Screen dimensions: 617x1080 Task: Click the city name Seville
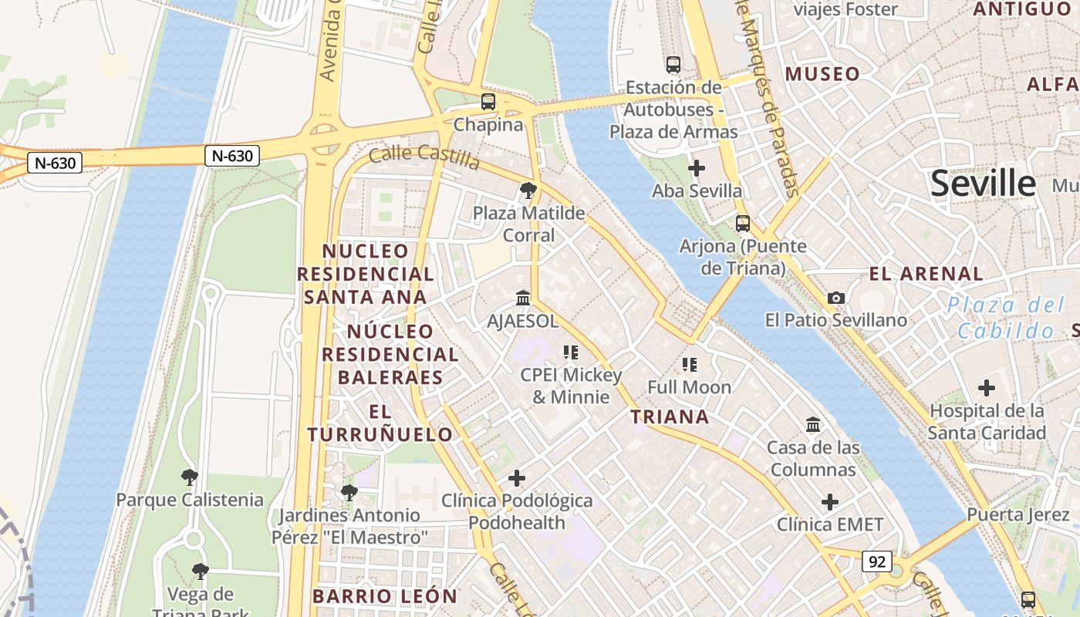[x=983, y=184]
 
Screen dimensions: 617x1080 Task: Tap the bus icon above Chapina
[x=488, y=101]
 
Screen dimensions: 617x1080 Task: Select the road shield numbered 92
[x=877, y=561]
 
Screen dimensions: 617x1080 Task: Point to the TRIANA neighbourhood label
[x=670, y=417]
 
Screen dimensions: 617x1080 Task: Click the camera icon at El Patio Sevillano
[x=835, y=298]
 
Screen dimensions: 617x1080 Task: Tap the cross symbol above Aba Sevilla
[x=697, y=167]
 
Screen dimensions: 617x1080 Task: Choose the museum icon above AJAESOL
[x=522, y=298]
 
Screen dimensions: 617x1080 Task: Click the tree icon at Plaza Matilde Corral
[x=528, y=190]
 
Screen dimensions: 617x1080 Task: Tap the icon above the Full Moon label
[x=689, y=364]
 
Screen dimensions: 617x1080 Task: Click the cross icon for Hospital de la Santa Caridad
[x=987, y=388]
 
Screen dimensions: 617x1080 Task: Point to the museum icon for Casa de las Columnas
[x=812, y=424]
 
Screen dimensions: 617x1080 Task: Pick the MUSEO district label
[x=822, y=74]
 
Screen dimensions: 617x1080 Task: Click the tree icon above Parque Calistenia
[x=189, y=477]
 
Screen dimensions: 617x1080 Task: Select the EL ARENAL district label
[x=926, y=274]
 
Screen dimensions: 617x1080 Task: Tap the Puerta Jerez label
[x=1017, y=514]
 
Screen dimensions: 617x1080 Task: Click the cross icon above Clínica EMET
[x=829, y=503]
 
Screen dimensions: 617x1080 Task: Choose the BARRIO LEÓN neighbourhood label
[x=385, y=596]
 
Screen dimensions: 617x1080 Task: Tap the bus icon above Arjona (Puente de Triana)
[x=742, y=224]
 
